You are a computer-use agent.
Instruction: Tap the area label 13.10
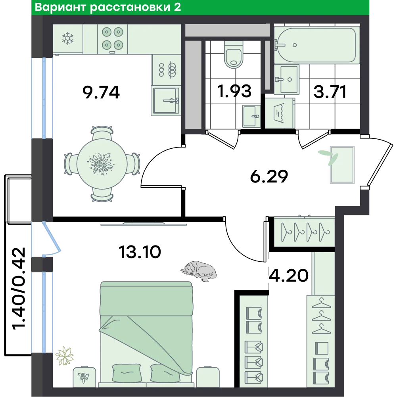click(140, 252)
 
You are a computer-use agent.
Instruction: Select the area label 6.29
click(269, 176)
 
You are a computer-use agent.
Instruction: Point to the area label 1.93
click(234, 91)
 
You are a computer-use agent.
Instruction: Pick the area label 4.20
click(289, 276)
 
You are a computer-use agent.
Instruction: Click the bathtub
click(317, 45)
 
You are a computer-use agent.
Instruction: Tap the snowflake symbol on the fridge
click(68, 38)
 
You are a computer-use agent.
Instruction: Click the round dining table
click(102, 164)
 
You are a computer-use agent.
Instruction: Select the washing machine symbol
click(280, 113)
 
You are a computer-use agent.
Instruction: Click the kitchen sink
click(166, 101)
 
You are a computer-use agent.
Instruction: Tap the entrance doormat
click(342, 165)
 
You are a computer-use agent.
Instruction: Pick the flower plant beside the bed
click(65, 356)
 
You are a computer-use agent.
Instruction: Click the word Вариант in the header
click(60, 8)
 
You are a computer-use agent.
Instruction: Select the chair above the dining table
click(102, 132)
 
